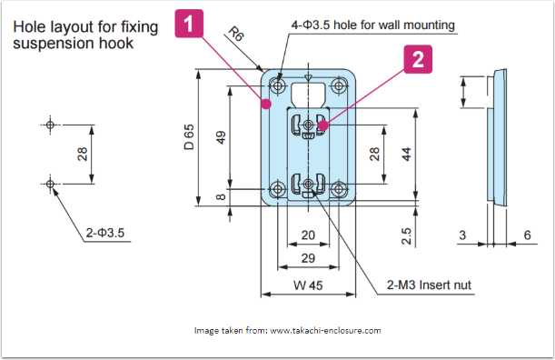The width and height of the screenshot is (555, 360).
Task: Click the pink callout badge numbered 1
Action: tap(189, 24)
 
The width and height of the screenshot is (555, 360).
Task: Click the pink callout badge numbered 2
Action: tap(418, 59)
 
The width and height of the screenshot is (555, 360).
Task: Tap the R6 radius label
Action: tap(236, 34)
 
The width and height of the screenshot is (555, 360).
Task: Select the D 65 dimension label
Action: tap(189, 136)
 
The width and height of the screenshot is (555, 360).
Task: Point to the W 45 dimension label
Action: tap(308, 285)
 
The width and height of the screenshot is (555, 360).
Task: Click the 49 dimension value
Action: tap(221, 137)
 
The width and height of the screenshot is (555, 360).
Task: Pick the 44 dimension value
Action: tap(407, 155)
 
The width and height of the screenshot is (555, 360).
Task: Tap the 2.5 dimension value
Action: tap(407, 236)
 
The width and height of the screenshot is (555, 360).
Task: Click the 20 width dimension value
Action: tap(308, 235)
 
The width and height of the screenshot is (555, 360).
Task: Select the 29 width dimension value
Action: tap(308, 258)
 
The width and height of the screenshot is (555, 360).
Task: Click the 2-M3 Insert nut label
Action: tap(429, 285)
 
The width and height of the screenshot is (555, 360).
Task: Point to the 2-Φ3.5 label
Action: tap(105, 233)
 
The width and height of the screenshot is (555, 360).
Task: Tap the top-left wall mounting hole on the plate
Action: tap(278, 85)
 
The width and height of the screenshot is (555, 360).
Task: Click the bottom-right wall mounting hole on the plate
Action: tap(339, 189)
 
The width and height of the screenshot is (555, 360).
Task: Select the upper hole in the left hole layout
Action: tap(50, 125)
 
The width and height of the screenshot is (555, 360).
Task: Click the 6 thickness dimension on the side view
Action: tap(527, 235)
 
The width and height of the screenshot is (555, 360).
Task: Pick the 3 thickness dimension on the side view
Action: tap(462, 235)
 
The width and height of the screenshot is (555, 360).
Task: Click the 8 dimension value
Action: tap(221, 196)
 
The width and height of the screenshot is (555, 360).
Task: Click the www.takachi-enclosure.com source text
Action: tap(325, 331)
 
